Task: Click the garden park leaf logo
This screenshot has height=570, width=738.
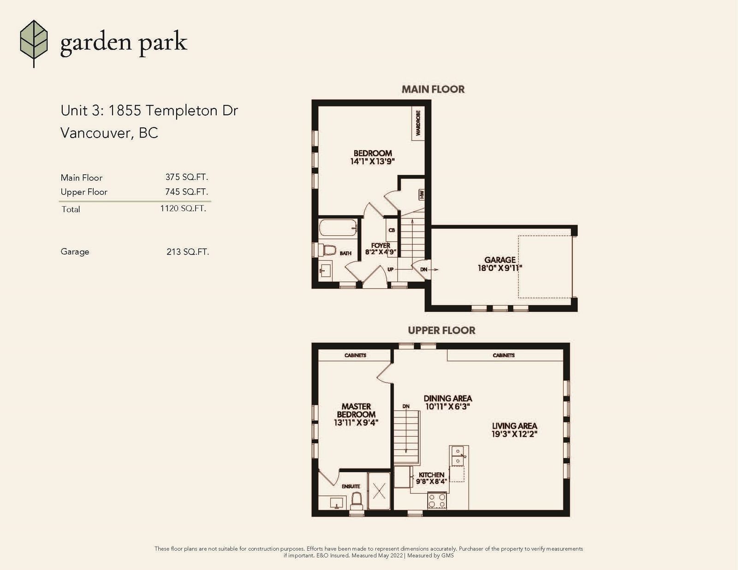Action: (34, 43)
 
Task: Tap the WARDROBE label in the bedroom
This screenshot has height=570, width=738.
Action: (418, 123)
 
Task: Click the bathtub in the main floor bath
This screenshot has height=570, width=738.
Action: (338, 227)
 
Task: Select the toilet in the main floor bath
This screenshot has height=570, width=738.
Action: (327, 250)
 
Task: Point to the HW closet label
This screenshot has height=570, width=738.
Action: (422, 195)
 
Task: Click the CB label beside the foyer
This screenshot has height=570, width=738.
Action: (392, 230)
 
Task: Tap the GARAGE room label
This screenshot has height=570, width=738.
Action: (500, 260)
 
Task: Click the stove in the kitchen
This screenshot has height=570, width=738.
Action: (437, 501)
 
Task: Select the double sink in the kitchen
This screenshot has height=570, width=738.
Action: (458, 456)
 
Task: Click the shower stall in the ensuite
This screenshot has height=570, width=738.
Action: (379, 491)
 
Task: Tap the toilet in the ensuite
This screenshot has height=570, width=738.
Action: (356, 501)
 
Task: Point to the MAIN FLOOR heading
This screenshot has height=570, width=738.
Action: (433, 89)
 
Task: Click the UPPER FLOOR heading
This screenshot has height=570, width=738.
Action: (441, 330)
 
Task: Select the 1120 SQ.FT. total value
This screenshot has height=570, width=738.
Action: (183, 208)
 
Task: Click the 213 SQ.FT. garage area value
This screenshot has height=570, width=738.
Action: (187, 252)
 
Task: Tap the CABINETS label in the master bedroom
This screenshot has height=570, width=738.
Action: (355, 356)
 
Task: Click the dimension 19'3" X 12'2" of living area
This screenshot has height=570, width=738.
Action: (515, 434)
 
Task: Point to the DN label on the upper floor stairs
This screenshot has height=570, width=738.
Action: (406, 406)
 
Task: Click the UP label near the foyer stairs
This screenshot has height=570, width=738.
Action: (391, 270)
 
